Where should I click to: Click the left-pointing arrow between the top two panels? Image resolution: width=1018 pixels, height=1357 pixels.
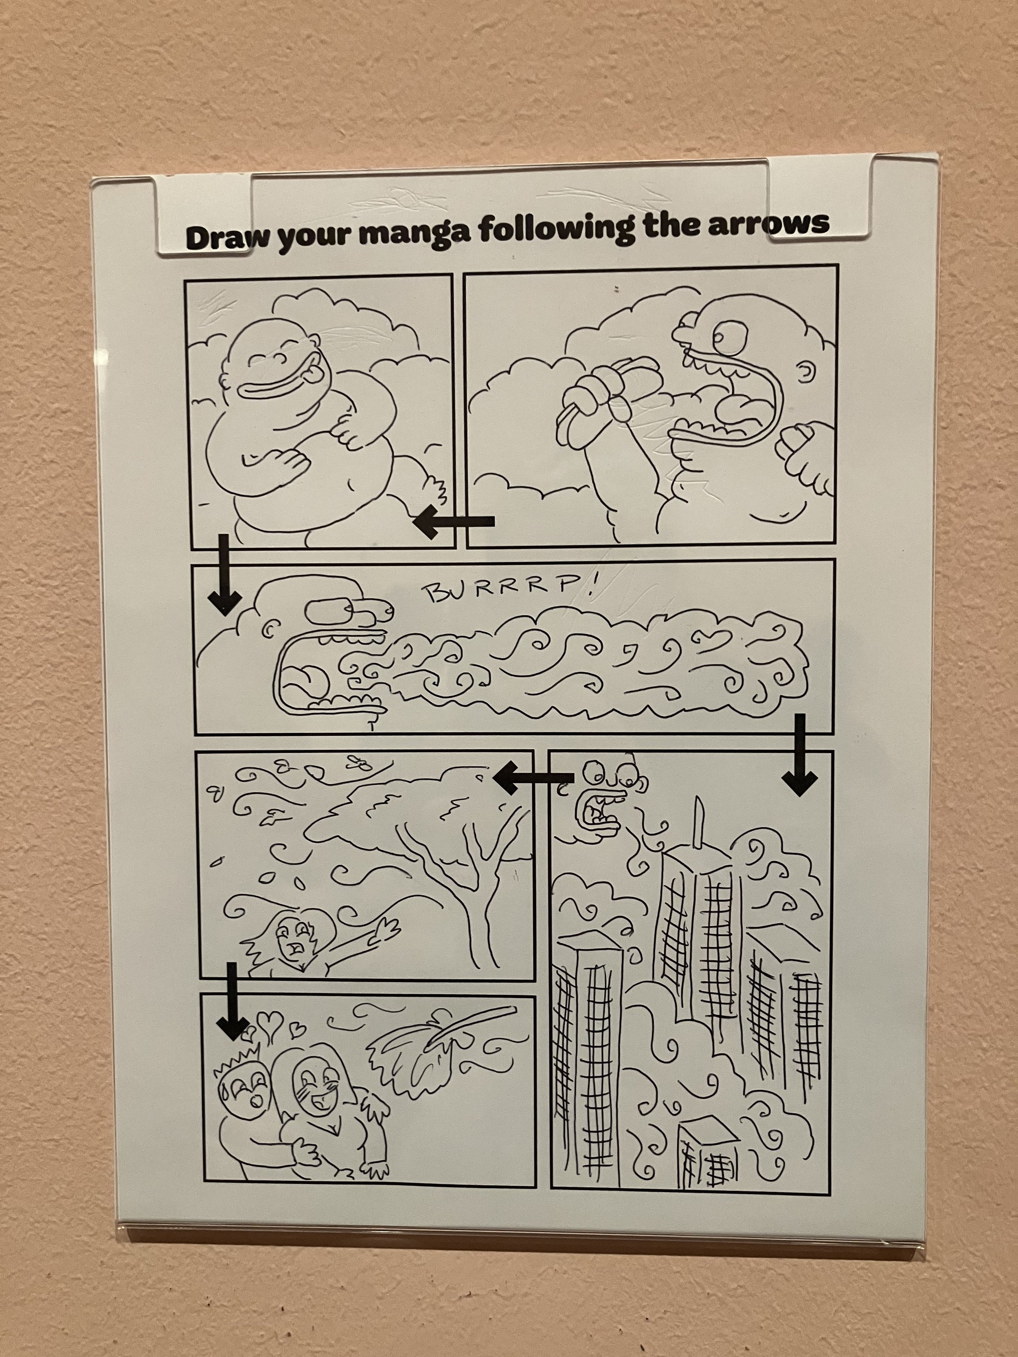click(x=454, y=522)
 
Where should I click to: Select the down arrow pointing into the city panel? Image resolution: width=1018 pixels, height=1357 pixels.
click(x=799, y=754)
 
